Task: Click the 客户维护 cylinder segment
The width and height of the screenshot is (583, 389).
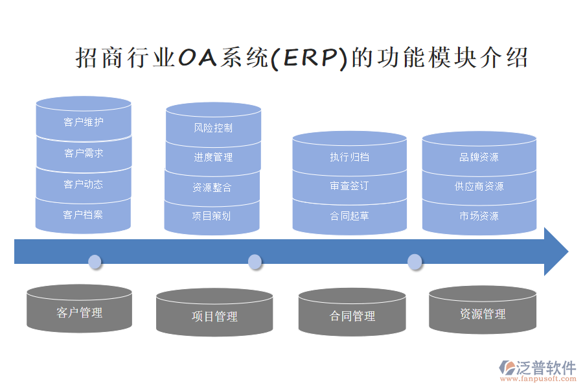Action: [x=84, y=122]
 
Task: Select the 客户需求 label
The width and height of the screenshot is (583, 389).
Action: [x=84, y=154]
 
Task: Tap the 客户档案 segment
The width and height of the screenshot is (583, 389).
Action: [x=83, y=215]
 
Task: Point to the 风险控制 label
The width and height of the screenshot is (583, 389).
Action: [x=213, y=128]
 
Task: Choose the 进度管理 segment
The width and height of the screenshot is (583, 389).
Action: [x=213, y=158]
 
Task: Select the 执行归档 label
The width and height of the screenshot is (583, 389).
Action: [x=349, y=157]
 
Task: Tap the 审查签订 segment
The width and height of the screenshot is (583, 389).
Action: [x=349, y=186]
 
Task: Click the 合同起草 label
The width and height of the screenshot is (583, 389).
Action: [x=349, y=216]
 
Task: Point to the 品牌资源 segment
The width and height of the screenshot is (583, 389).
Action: [x=479, y=157]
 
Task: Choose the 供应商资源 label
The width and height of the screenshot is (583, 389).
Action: [x=479, y=186]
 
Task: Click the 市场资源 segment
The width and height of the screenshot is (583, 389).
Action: [x=479, y=216]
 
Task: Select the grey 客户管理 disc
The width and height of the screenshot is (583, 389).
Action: [x=80, y=312]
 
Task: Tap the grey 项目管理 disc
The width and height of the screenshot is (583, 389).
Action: [x=214, y=316]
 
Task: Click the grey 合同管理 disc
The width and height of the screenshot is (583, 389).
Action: [x=352, y=316]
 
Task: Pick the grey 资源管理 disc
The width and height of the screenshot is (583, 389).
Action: [x=483, y=314]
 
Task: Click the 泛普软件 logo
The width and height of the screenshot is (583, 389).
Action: [x=537, y=370]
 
